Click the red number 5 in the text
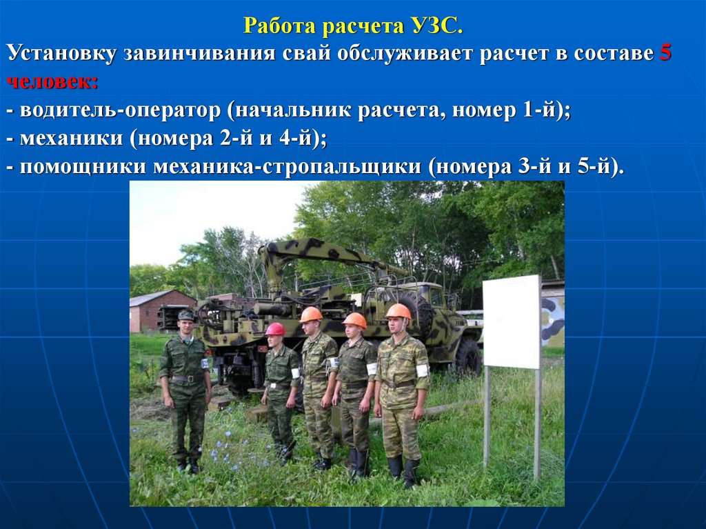click(x=665, y=54)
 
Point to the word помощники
click(x=83, y=167)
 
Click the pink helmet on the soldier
click(x=275, y=329)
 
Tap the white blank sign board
click(x=512, y=321)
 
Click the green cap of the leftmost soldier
click(x=186, y=315)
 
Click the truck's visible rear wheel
click(x=467, y=357)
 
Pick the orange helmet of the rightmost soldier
click(x=399, y=311)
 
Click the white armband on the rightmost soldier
click(x=422, y=371)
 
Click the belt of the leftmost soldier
click(x=185, y=379)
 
